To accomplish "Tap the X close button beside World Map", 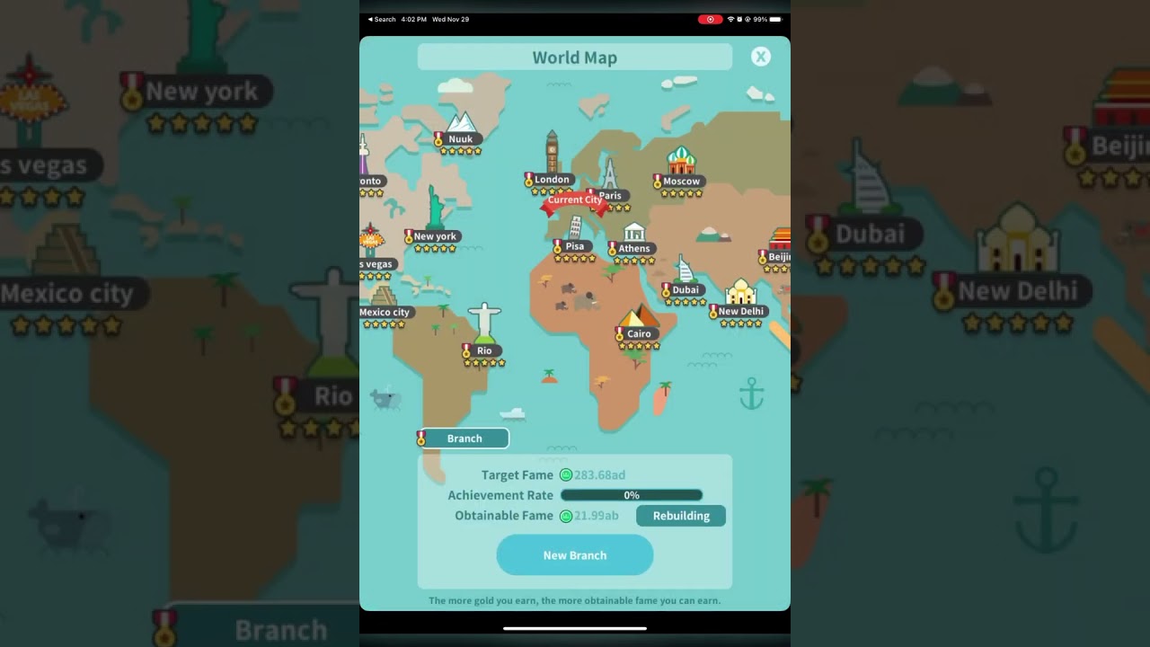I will [761, 57].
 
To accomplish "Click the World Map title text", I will [575, 58].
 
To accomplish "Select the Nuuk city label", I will [460, 139].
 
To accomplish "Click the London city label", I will [552, 180].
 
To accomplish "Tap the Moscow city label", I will [681, 182].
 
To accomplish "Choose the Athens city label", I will [633, 249].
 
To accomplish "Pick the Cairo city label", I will [639, 334].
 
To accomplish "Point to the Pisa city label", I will [575, 246].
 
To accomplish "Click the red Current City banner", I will [575, 200].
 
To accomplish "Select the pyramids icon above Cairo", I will [639, 315].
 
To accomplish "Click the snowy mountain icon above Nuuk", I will [461, 121].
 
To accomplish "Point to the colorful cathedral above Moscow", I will [681, 161].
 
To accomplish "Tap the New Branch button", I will [575, 555].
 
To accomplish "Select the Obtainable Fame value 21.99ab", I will [597, 516].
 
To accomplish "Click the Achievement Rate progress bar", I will [632, 495].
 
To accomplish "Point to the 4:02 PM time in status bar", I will [414, 19].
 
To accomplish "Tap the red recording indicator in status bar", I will [710, 19].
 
